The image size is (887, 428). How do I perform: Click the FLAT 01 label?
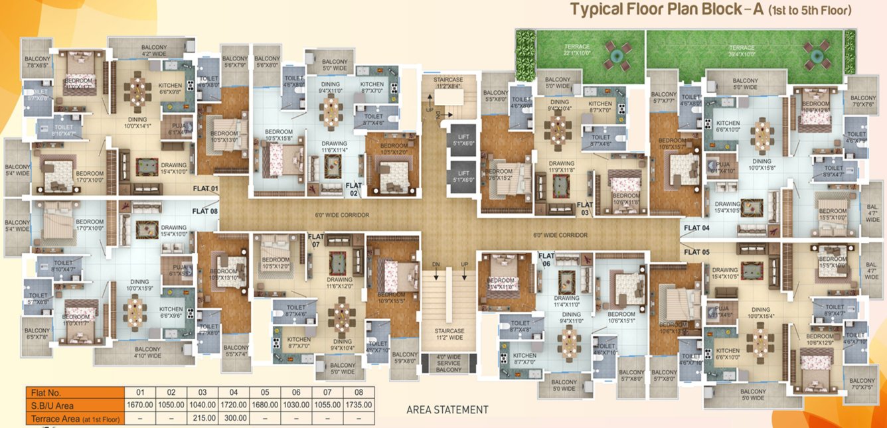(x=205, y=188)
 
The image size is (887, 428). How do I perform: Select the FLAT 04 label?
(x=696, y=228)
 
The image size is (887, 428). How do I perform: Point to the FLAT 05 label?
(x=696, y=251)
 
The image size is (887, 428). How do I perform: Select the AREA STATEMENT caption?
(x=447, y=410)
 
